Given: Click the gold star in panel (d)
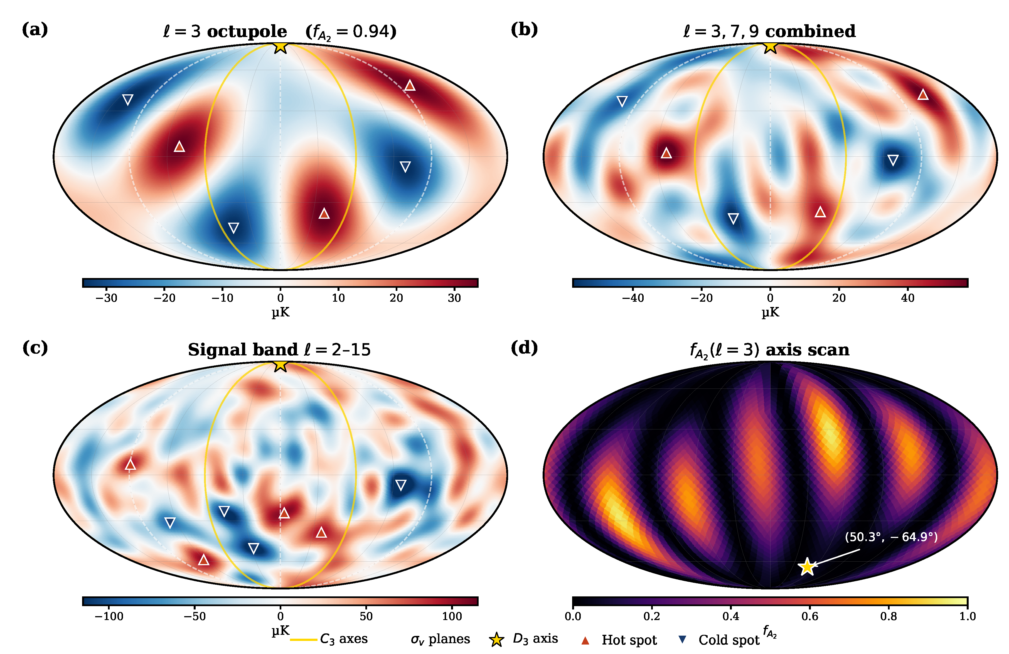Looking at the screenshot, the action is click(807, 567).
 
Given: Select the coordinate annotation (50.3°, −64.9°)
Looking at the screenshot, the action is click(891, 537).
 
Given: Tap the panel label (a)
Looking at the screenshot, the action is click(35, 30).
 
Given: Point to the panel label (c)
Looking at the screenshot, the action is click(35, 348).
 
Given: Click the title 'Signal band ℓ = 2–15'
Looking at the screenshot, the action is click(279, 350).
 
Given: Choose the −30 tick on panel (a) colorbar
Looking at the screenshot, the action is click(106, 298).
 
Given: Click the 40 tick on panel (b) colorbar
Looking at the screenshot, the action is click(908, 298).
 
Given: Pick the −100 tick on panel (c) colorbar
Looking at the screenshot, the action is click(109, 616).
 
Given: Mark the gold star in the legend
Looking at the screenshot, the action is click(496, 640).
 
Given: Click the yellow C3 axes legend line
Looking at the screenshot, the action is click(304, 640).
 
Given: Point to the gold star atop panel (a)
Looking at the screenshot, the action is click(280, 46).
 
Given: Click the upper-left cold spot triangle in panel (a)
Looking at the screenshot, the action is click(128, 100).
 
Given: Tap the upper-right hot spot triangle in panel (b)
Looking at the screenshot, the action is click(923, 95).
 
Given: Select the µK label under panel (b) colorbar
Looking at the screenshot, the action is click(770, 313).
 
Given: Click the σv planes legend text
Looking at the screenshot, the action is click(440, 639).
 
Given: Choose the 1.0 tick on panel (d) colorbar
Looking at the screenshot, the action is click(968, 616).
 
